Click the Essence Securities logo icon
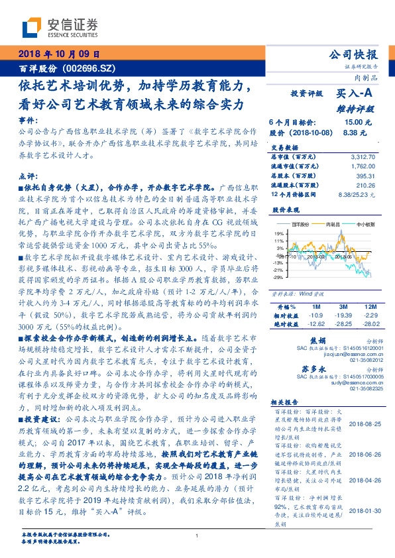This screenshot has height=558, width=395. [x=31, y=27]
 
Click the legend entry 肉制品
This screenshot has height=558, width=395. [x=333, y=225]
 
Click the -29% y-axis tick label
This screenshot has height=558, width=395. [x=278, y=277]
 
